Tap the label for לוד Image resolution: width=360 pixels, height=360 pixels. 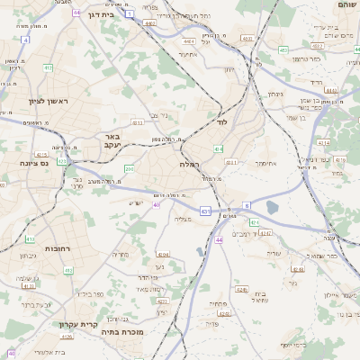[x=222, y=121]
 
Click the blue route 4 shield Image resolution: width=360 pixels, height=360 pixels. [x=25, y=40]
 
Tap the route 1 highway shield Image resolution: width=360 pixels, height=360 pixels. [x=129, y=14]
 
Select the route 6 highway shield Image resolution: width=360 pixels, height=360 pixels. [x=247, y=206]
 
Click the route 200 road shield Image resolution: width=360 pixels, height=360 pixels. [x=129, y=168]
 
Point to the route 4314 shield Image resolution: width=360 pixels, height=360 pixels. [x=322, y=142]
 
